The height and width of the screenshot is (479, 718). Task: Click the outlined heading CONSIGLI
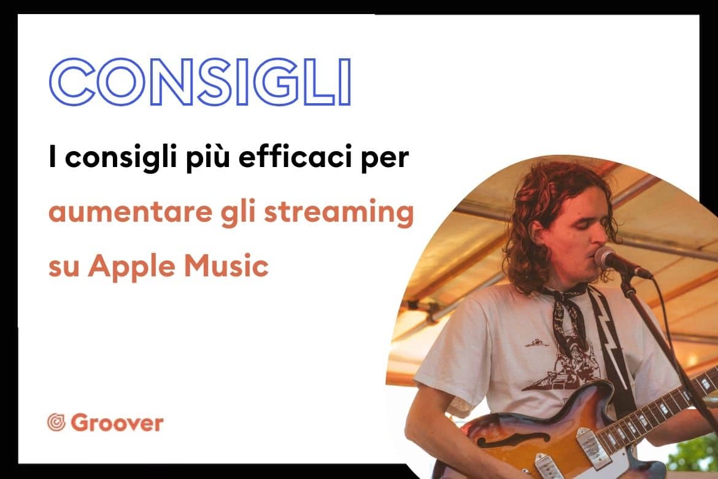point(200,82)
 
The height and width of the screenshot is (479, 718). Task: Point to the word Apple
point(131,267)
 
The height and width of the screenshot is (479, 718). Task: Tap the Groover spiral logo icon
point(56,423)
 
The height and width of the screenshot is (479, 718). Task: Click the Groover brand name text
point(117,423)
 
